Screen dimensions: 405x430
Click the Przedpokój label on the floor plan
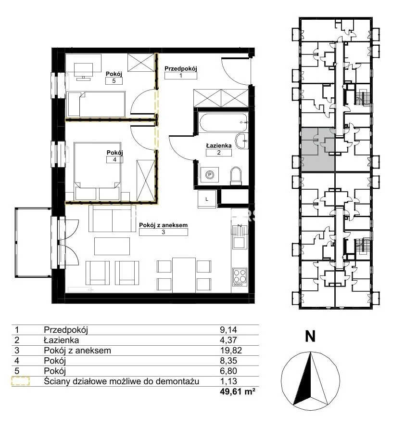pyautogui.click(x=180, y=68)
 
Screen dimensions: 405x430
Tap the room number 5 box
pyautogui.click(x=114, y=81)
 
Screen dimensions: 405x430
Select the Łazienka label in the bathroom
pyautogui.click(x=219, y=145)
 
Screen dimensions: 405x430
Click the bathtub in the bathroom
pyautogui.click(x=223, y=122)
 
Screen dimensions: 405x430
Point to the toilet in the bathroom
pyautogui.click(x=236, y=176)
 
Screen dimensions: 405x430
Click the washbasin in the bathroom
pyautogui.click(x=242, y=141)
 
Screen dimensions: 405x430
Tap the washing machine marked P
pyautogui.click(x=210, y=175)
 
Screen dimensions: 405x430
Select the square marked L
pyautogui.click(x=207, y=199)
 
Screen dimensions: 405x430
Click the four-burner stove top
pyautogui.click(x=240, y=277)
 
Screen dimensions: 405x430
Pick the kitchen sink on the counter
pyautogui.click(x=239, y=237)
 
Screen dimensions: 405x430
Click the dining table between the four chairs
pyautogui.click(x=184, y=275)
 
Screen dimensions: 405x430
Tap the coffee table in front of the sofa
pyautogui.click(x=112, y=246)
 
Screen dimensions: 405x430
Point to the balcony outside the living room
pyautogui.click(x=33, y=243)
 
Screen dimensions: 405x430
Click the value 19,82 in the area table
pyautogui.click(x=231, y=351)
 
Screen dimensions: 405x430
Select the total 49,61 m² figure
pyautogui.click(x=238, y=391)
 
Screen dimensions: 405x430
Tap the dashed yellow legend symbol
pyautogui.click(x=21, y=381)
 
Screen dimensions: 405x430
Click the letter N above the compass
pyautogui.click(x=310, y=336)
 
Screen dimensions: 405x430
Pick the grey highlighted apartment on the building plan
pyautogui.click(x=318, y=150)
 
